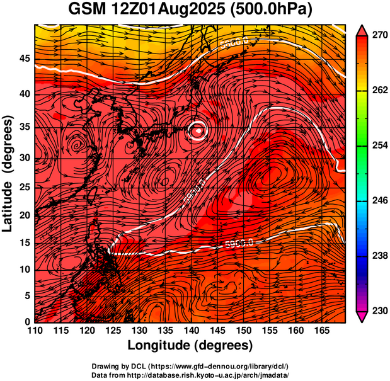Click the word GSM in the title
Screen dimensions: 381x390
tap(88, 10)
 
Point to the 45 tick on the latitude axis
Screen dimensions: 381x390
tap(23, 59)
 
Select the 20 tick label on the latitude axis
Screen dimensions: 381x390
tap(23, 215)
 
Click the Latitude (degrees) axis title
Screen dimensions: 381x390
tap(8, 173)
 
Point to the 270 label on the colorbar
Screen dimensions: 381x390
tap(376, 36)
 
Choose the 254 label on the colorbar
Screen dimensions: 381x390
tap(376, 145)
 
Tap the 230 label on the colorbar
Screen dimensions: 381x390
tap(376, 310)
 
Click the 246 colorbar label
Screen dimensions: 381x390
tap(376, 200)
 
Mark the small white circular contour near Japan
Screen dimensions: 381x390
tap(198, 130)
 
